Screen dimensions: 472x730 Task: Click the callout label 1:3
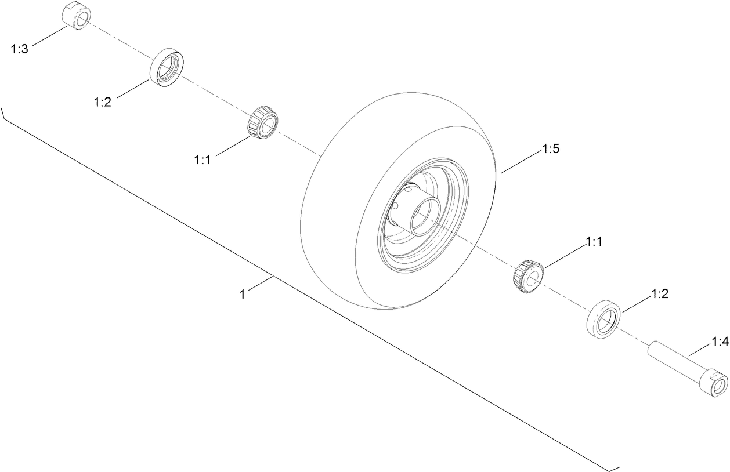point(19,49)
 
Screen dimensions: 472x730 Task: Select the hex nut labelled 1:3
point(76,16)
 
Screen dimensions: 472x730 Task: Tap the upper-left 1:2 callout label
point(102,102)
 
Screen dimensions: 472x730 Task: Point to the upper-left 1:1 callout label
point(203,159)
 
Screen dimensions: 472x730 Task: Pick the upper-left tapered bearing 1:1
point(263,122)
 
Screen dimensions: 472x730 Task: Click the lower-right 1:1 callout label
point(594,242)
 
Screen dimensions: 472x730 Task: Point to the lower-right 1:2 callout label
point(660,294)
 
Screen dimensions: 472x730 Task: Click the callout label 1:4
point(720,342)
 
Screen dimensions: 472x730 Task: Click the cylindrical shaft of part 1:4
point(673,359)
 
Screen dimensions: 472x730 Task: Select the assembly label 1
point(243,294)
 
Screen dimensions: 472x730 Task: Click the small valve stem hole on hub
point(410,189)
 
